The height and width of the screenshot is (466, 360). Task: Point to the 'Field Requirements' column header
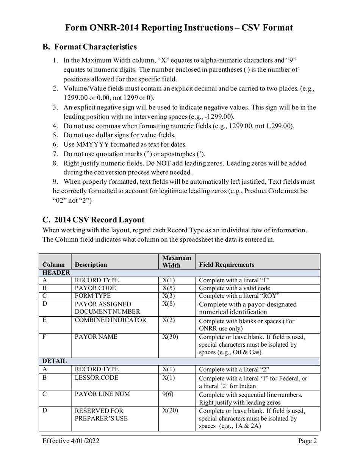tap(227, 265)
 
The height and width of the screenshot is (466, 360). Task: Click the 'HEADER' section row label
tap(56, 273)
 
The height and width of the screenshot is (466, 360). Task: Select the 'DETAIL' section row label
tap(55, 361)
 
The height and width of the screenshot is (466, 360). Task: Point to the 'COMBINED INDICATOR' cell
tap(111, 320)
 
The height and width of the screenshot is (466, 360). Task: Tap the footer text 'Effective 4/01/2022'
tap(71, 441)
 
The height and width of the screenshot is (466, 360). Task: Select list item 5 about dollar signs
tap(119, 135)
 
